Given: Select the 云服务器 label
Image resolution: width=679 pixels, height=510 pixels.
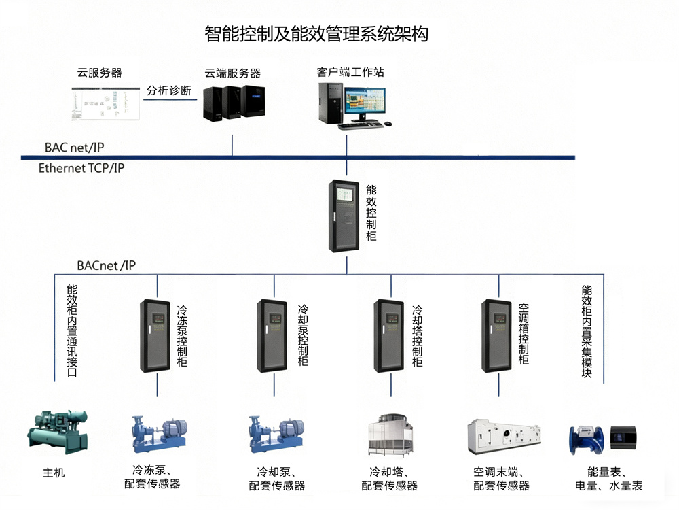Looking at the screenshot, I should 99,73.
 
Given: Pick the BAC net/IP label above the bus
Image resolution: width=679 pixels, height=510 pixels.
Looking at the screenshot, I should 74,147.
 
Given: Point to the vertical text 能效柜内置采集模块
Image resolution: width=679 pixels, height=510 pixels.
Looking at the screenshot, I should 587,332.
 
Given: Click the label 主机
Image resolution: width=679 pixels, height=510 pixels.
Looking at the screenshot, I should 54,472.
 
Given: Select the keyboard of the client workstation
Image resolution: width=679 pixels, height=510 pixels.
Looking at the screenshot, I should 361,126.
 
